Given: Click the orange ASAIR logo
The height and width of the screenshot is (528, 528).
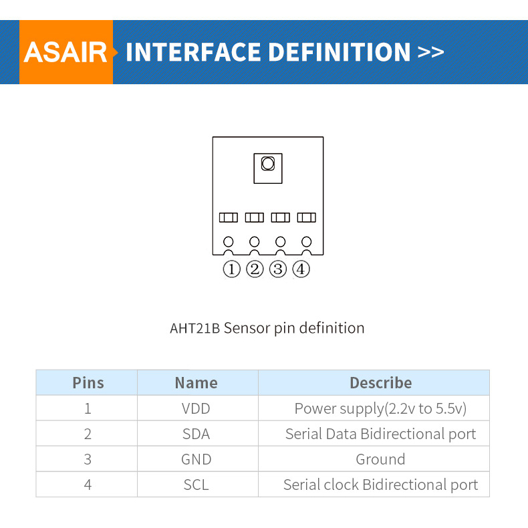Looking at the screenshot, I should [65, 52].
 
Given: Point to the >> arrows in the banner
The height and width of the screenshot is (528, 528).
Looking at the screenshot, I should [430, 52].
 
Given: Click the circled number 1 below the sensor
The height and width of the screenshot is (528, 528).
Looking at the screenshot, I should [231, 269].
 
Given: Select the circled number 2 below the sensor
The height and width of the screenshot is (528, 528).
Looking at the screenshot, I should [255, 269].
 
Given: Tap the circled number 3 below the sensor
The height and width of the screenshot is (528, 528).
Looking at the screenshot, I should [278, 269].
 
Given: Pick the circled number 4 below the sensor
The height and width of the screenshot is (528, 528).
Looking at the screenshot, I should [301, 269].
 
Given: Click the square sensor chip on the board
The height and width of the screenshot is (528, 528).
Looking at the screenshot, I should [267, 168].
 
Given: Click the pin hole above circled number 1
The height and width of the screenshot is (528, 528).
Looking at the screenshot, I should [229, 241].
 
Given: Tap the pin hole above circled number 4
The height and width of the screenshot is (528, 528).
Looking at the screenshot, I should [307, 241].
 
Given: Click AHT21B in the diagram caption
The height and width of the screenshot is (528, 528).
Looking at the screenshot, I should [194, 328].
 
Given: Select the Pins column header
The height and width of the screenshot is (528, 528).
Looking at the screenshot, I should [88, 383].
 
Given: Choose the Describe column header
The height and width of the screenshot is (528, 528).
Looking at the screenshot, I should [380, 383].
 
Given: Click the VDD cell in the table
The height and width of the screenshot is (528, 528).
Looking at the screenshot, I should [196, 408].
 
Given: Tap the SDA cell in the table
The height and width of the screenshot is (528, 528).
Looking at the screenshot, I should [196, 434].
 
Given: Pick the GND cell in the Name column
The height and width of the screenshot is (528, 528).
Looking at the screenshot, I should [196, 459].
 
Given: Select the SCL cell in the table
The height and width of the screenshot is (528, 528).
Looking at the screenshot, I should [196, 485].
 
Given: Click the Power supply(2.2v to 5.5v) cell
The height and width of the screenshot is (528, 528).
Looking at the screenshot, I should [380, 408].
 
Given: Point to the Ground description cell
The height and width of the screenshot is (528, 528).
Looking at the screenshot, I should [380, 459].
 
